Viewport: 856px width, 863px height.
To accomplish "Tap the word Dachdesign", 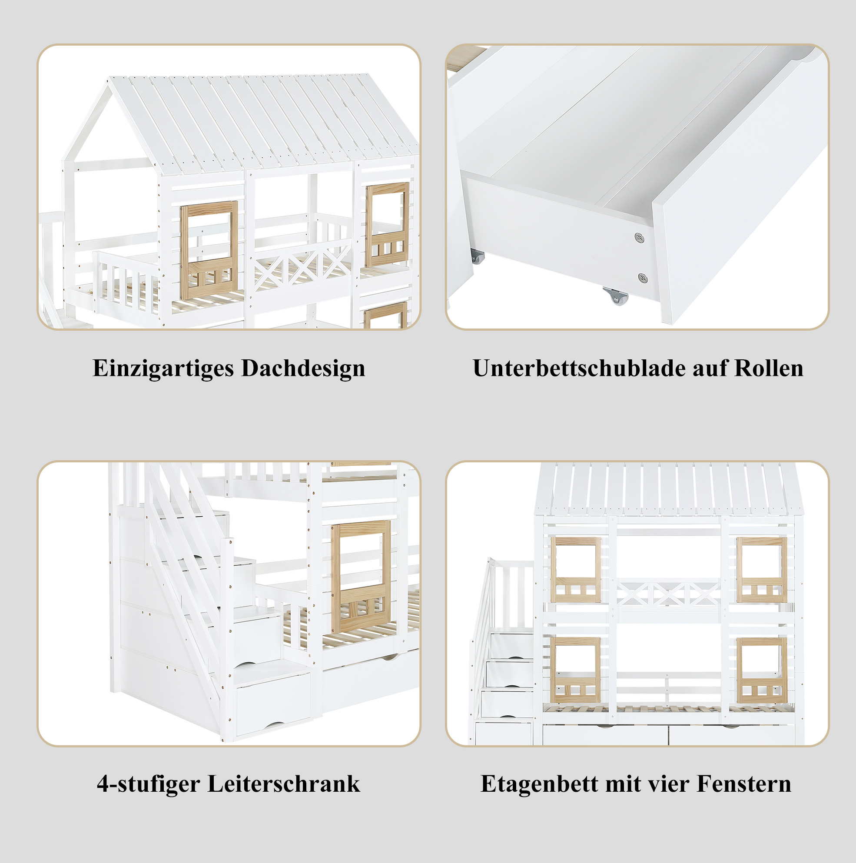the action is click(x=303, y=369).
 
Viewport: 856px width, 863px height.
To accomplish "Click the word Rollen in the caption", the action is click(x=768, y=368).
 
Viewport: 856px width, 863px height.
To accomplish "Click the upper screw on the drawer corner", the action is click(x=640, y=238).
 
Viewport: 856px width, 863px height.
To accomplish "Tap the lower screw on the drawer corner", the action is click(x=643, y=278).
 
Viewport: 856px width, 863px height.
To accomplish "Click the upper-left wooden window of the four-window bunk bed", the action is click(x=575, y=570).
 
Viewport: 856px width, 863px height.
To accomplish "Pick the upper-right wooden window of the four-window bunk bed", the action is click(x=762, y=570).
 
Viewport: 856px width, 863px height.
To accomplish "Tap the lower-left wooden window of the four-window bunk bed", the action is click(x=575, y=670).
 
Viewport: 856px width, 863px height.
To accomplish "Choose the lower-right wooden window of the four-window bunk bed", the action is click(x=762, y=670).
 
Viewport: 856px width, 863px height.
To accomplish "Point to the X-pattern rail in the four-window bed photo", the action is click(x=668, y=594).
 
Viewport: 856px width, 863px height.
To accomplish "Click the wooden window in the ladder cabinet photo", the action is click(x=361, y=577).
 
